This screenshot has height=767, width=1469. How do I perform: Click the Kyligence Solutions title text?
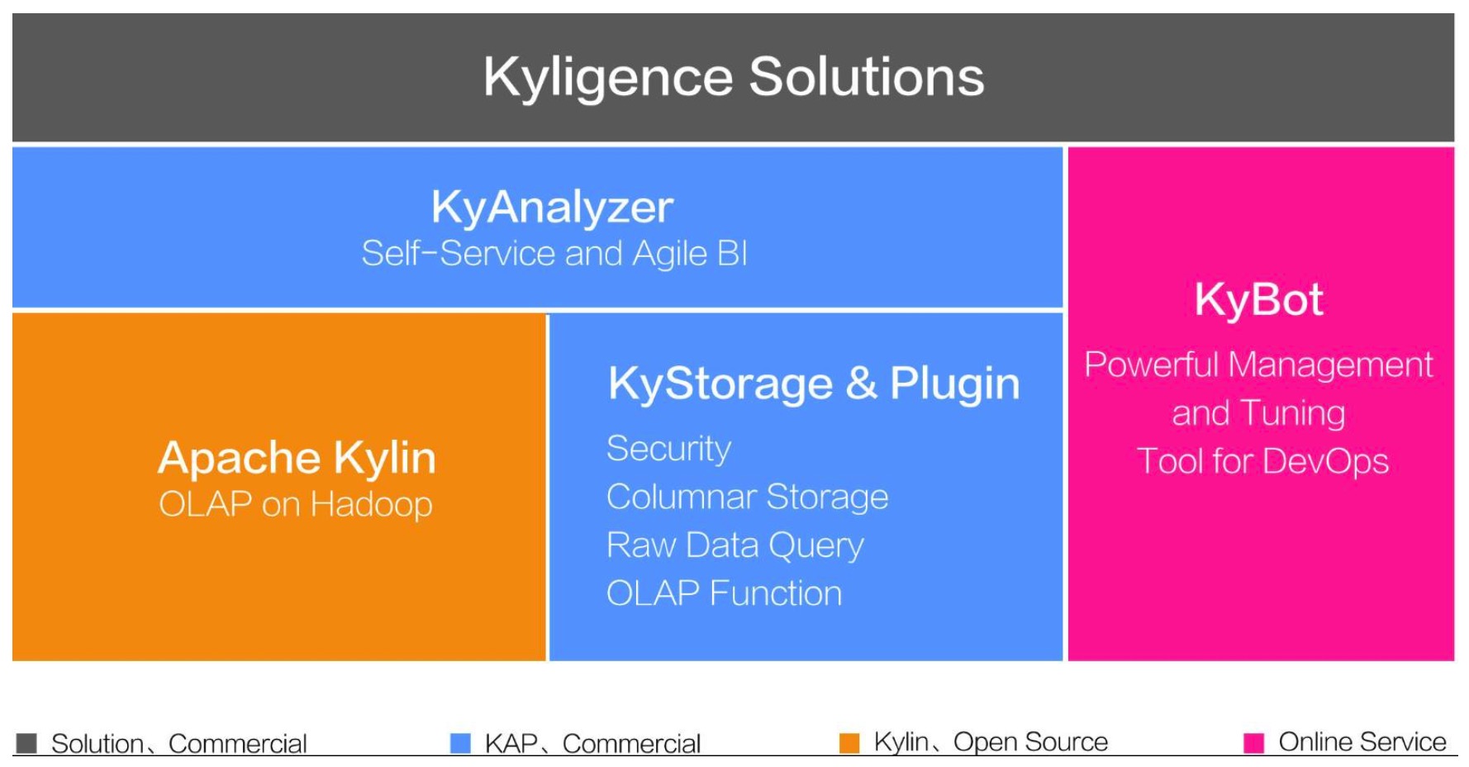click(x=734, y=77)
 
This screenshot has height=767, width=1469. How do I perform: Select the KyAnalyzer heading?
click(x=552, y=207)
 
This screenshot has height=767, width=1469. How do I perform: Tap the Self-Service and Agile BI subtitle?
click(x=554, y=253)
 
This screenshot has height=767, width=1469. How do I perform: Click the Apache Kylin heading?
click(x=297, y=457)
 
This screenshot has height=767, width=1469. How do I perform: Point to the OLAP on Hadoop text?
click(x=296, y=504)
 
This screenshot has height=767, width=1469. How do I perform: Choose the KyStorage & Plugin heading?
click(x=814, y=383)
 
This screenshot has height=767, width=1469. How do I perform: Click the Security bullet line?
click(x=668, y=449)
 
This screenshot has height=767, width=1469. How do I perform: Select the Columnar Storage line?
click(x=747, y=497)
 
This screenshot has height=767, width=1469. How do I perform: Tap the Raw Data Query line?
click(x=734, y=545)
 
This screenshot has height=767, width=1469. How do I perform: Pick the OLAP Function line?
click(x=724, y=593)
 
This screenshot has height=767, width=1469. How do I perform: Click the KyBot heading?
click(x=1258, y=299)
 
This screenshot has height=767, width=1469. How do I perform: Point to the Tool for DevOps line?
click(x=1262, y=461)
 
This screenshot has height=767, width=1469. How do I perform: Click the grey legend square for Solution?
click(x=26, y=743)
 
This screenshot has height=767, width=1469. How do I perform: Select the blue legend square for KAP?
click(x=460, y=743)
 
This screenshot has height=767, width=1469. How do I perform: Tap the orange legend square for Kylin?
click(x=849, y=742)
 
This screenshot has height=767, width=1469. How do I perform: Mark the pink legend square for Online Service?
click(x=1253, y=742)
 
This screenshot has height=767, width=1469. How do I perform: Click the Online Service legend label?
click(x=1362, y=742)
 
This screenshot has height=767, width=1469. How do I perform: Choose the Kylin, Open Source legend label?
click(x=990, y=742)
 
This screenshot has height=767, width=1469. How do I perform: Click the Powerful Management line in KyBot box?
click(x=1258, y=364)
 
